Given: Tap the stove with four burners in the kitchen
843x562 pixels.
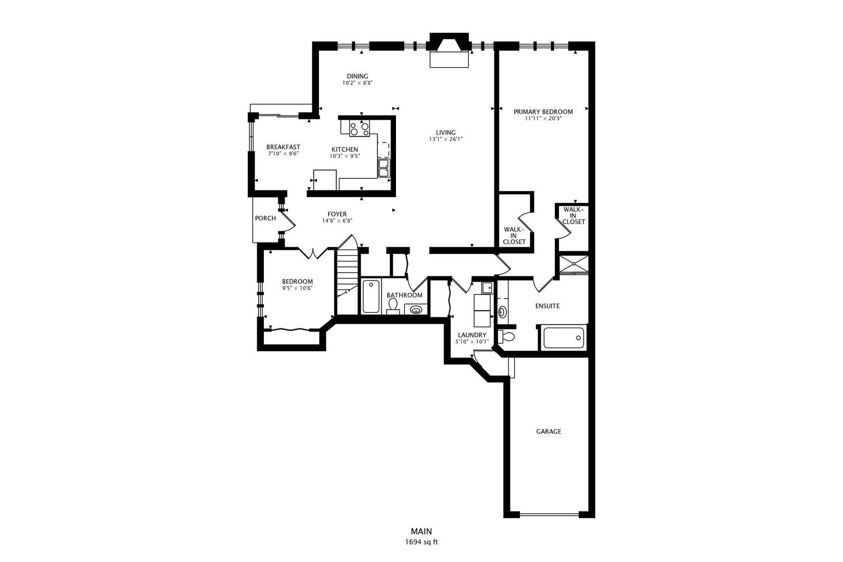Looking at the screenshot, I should pyautogui.click(x=359, y=127).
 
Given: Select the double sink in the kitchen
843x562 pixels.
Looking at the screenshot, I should pyautogui.click(x=384, y=168).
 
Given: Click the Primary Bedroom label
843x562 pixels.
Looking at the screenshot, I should pyautogui.click(x=543, y=112).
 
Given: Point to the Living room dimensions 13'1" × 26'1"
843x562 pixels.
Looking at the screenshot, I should pyautogui.click(x=445, y=139).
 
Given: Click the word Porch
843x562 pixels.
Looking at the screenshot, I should pyautogui.click(x=265, y=218).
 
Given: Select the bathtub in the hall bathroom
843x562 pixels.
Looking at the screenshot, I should pyautogui.click(x=371, y=296).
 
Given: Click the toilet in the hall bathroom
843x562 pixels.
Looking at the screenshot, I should pyautogui.click(x=393, y=305).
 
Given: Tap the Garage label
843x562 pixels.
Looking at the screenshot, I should pyautogui.click(x=548, y=431).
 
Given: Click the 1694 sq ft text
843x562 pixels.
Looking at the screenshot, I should pyautogui.click(x=421, y=542).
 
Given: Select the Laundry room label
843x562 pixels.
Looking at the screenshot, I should pyautogui.click(x=472, y=335).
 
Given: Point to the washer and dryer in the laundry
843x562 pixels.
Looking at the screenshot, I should pyautogui.click(x=482, y=310).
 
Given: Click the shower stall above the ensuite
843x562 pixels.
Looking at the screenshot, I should pyautogui.click(x=573, y=263).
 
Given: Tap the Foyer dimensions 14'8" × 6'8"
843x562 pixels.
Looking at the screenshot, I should pyautogui.click(x=337, y=221).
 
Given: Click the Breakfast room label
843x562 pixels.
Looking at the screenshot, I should pyautogui.click(x=283, y=147).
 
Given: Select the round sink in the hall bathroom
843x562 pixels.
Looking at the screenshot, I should pyautogui.click(x=416, y=310).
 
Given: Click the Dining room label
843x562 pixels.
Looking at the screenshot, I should pyautogui.click(x=357, y=76).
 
